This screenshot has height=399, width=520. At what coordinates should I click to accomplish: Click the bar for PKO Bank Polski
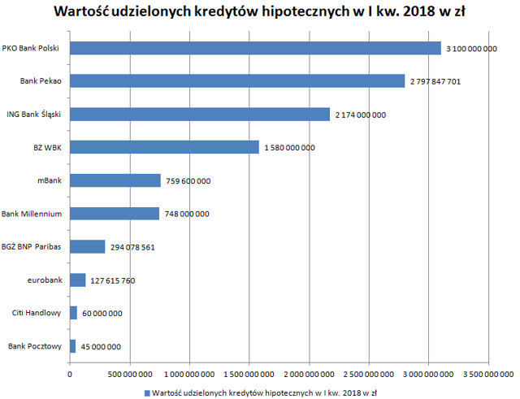tap(255, 48)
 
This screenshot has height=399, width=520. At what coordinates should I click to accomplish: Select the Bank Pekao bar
tap(237, 81)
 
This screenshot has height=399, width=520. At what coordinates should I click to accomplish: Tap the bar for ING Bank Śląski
tap(200, 115)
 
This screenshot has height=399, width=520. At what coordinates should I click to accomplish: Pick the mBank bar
tap(115, 180)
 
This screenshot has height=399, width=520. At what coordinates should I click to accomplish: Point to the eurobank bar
tap(78, 280)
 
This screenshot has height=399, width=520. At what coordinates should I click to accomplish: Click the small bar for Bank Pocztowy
tap(72, 346)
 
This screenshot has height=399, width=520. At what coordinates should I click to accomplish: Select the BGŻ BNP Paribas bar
tap(87, 247)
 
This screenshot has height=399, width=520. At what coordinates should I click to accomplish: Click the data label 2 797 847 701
tap(435, 81)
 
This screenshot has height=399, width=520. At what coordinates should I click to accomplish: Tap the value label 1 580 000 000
tap(289, 148)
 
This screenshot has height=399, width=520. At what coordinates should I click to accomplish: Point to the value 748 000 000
tap(187, 214)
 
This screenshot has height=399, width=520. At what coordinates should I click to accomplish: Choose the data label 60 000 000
tap(102, 314)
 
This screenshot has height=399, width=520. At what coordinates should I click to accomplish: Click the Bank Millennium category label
tap(32, 214)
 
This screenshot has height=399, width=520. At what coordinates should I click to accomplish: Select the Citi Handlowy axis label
tap(37, 313)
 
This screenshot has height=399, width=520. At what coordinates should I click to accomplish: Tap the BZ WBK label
tap(47, 148)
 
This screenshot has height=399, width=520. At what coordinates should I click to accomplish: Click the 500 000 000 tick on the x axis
tap(130, 375)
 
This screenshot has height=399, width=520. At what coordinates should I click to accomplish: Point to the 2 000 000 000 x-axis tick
tap(309, 375)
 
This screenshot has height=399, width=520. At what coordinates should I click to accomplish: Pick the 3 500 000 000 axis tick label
tap(488, 375)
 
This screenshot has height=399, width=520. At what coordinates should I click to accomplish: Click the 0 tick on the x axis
tap(70, 375)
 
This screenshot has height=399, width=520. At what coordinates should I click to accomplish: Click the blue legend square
tap(147, 393)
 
